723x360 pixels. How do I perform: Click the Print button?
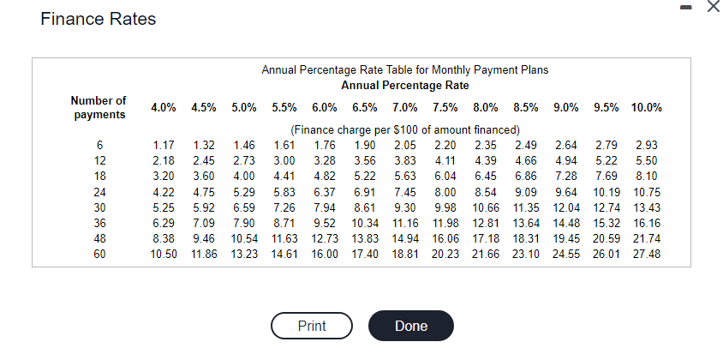(312, 326)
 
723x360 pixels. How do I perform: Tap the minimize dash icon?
(686, 7)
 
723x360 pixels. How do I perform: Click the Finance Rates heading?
(99, 19)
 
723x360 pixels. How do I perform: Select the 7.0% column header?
(405, 108)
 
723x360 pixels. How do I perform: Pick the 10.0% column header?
(647, 108)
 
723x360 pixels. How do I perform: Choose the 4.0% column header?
(164, 108)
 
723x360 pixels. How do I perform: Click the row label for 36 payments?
(99, 224)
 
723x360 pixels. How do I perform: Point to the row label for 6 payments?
(99, 146)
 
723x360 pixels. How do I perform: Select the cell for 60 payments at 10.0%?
(647, 254)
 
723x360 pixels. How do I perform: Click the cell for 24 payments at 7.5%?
(445, 192)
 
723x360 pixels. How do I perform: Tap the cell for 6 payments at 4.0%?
(164, 146)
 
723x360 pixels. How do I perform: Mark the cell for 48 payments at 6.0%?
(325, 239)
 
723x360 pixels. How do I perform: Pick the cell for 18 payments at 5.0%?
(244, 177)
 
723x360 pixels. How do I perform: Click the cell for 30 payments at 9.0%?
(566, 207)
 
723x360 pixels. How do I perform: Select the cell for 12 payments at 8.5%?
(526, 161)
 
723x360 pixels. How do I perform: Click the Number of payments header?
(99, 107)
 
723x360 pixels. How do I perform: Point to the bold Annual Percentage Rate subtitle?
(405, 86)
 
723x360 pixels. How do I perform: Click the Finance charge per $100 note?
(405, 130)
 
